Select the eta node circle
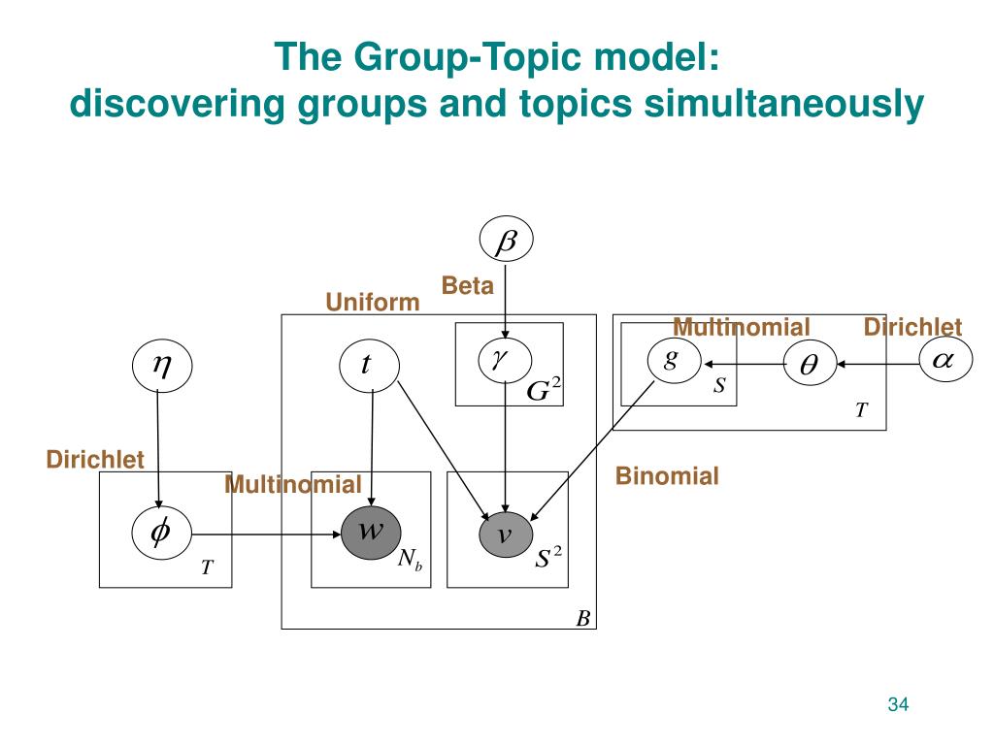(162, 365)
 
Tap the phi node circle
(162, 533)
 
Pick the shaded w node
(371, 533)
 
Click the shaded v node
(506, 535)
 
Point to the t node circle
(368, 365)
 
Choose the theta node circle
(810, 365)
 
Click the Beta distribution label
(467, 285)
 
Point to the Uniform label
(373, 303)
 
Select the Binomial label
(667, 475)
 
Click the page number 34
(898, 704)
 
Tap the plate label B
(582, 618)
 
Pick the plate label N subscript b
(410, 559)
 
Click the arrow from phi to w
(267, 534)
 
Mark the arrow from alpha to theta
(878, 365)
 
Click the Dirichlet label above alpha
(912, 327)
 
